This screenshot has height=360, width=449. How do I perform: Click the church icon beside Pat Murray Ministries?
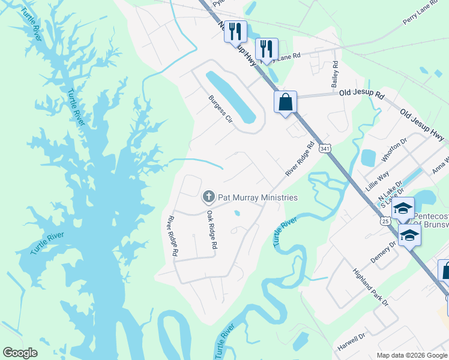(208, 196)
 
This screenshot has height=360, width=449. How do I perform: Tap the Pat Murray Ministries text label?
(258, 197)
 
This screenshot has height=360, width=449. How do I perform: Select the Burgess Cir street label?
(220, 108)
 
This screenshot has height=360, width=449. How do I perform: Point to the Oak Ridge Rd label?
(211, 229)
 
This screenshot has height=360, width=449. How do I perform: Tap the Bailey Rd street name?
(335, 75)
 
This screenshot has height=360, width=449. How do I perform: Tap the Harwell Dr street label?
(351, 340)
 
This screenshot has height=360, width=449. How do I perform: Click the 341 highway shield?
(325, 148)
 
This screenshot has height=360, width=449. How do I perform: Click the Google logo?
(20, 353)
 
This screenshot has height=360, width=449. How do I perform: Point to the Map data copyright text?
(411, 355)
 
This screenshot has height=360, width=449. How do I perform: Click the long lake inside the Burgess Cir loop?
(231, 95)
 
